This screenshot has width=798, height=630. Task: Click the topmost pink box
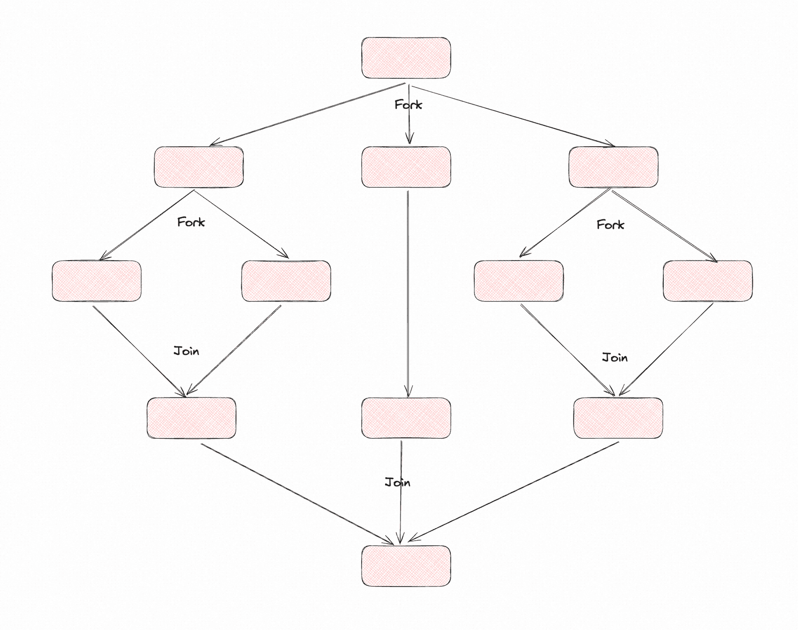(x=406, y=58)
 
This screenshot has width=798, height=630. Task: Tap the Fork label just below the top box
(x=408, y=105)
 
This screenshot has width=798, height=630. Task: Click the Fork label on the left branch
(x=191, y=222)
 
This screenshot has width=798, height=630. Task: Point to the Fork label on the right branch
(x=610, y=225)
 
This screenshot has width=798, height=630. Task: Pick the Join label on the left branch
(x=187, y=351)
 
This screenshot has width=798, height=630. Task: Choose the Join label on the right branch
(x=615, y=357)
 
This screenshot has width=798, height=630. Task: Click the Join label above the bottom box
(x=398, y=482)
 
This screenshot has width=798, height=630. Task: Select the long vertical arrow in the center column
(x=408, y=294)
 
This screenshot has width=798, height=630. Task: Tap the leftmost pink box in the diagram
(x=97, y=281)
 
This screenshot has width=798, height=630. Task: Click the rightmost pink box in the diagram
(x=708, y=281)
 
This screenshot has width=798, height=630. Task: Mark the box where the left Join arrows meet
(x=192, y=418)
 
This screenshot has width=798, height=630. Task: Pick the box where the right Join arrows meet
(x=618, y=418)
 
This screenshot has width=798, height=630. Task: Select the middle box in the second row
(x=406, y=167)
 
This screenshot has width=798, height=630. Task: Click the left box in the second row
(x=199, y=167)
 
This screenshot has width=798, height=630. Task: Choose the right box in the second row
(x=613, y=167)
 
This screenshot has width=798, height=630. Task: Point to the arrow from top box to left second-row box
(x=307, y=114)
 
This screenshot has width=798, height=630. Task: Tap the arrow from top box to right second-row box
(x=514, y=116)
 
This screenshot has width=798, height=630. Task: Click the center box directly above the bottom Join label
(x=406, y=418)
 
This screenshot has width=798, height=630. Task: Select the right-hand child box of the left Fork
(x=286, y=281)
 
